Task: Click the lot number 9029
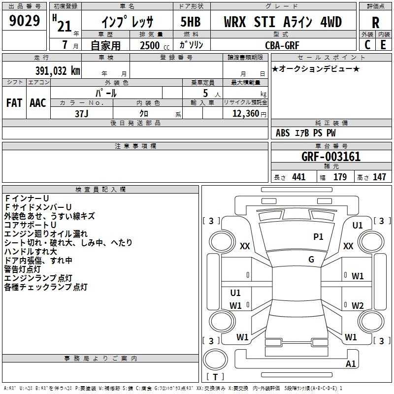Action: [25, 21]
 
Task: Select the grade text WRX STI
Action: [251, 22]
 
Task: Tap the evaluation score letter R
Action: [375, 23]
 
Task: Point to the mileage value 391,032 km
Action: [58, 70]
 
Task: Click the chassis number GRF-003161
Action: [331, 157]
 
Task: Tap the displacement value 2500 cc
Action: [154, 45]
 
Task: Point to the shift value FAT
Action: [14, 102]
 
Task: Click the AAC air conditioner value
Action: [38, 102]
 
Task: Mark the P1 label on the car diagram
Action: [319, 237]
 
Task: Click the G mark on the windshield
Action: [311, 260]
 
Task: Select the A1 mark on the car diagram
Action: [351, 364]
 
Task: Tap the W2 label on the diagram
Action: [358, 305]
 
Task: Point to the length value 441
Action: [298, 177]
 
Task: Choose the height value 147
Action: [379, 177]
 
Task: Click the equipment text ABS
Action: [283, 133]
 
